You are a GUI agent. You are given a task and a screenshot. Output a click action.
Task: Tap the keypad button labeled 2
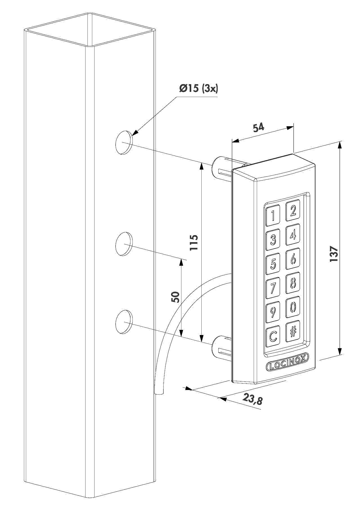click(293, 210)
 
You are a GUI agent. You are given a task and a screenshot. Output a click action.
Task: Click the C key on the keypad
click(273, 335)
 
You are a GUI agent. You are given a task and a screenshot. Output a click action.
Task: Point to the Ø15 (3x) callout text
click(199, 89)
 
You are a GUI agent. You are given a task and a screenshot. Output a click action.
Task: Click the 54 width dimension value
click(258, 128)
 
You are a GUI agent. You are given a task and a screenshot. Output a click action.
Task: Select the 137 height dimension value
click(334, 254)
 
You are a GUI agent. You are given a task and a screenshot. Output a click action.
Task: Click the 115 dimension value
click(194, 242)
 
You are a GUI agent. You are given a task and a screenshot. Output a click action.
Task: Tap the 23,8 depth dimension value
click(253, 399)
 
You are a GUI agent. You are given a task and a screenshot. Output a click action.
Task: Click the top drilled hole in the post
click(124, 143)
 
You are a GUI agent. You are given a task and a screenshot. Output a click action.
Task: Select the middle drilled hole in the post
click(124, 244)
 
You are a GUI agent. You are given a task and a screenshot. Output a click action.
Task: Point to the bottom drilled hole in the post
click(124, 322)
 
